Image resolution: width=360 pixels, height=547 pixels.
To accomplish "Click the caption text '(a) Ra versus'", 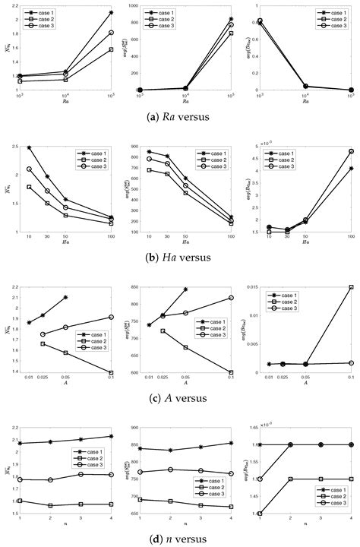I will coord(180,117).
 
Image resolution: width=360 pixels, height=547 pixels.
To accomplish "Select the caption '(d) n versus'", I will coord(180,539).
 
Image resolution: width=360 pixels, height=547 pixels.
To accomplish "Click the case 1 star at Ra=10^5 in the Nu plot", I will coord(112,12).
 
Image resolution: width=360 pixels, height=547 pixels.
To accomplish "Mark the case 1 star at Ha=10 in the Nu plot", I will coord(30,147).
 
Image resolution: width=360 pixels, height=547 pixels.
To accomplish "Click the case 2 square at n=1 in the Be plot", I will coord(261,514).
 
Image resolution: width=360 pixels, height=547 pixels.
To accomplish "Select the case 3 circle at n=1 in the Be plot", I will coord(261,479).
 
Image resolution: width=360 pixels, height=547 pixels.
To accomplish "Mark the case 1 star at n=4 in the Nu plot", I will coord(112,436).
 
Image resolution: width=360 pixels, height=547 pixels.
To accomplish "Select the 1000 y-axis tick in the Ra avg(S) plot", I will coord(130,5).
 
